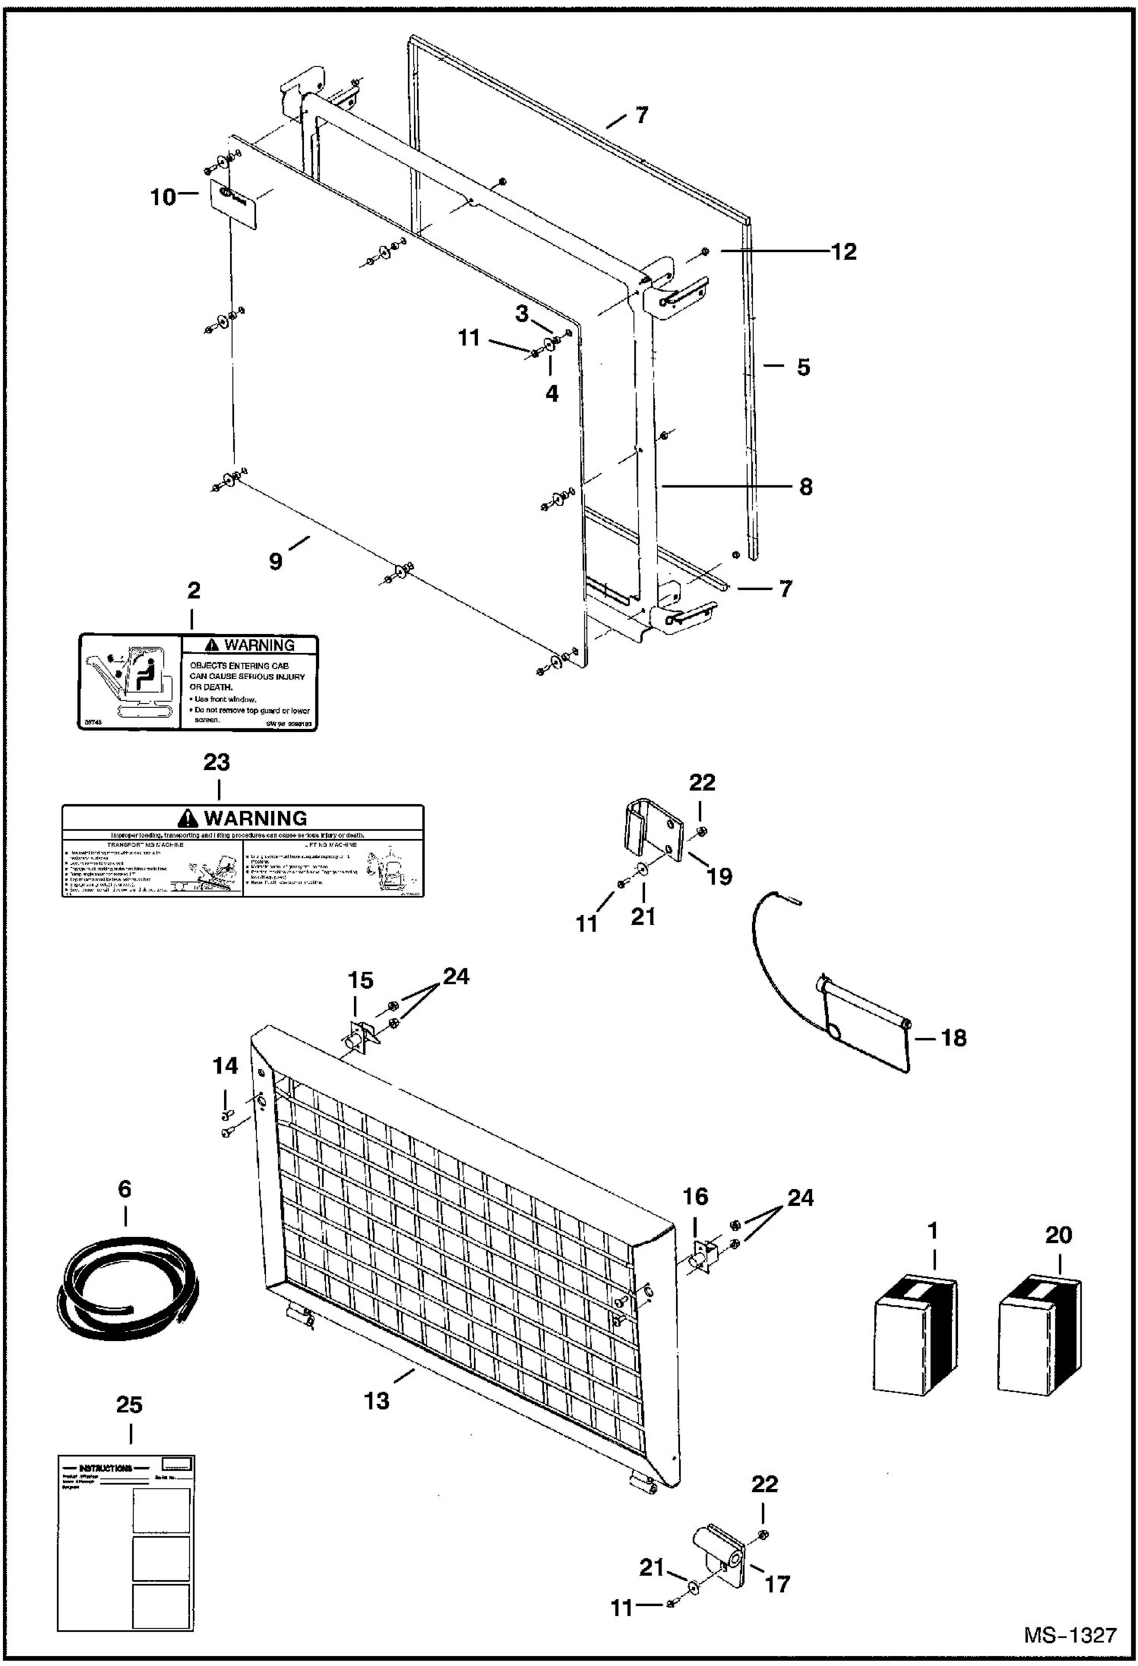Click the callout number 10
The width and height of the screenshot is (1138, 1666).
163,197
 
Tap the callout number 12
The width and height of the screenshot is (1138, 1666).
843,251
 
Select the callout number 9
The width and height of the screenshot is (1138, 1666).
276,561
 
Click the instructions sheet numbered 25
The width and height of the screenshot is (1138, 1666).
125,1541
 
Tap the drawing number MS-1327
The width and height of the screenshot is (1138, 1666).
1070,1634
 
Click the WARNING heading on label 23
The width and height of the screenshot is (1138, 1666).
242,819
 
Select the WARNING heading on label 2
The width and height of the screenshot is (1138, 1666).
250,645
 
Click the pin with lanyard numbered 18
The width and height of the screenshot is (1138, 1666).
866,1018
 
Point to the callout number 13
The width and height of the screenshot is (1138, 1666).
377,1400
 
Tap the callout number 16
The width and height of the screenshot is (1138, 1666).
695,1197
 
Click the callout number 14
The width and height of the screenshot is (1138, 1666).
225,1066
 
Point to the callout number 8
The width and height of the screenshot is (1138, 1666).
805,487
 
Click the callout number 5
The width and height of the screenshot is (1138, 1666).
803,368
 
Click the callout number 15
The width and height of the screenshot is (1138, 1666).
360,980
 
